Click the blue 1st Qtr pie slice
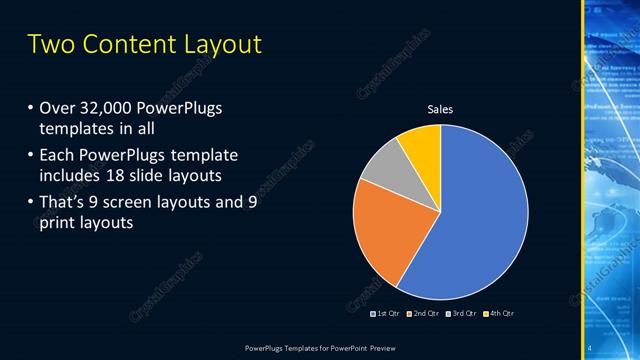[480, 220]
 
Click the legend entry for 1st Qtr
[388, 314]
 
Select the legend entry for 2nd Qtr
[424, 314]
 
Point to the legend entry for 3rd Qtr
[461, 314]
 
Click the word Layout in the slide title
[219, 45]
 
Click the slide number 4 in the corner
[591, 347]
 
